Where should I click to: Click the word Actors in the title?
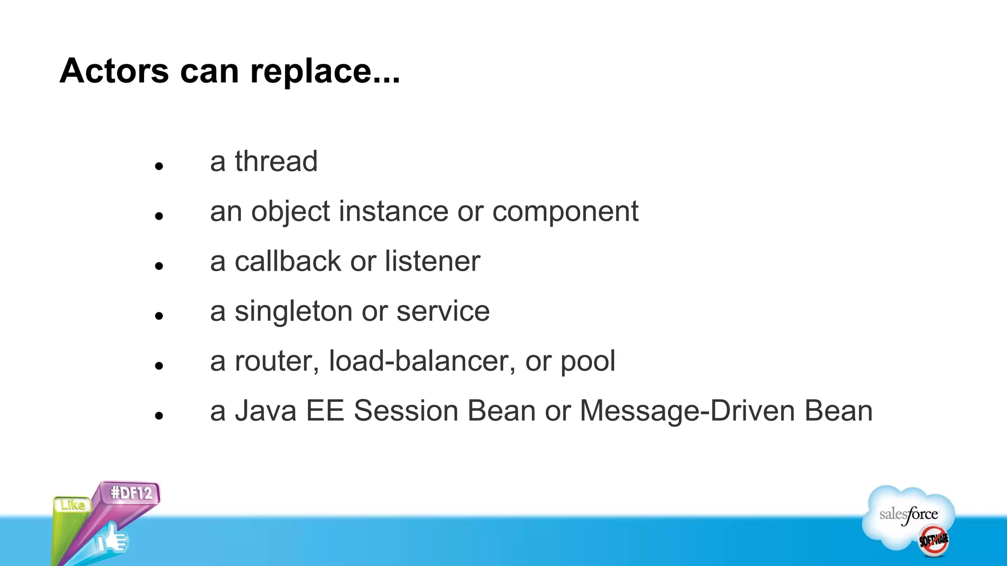(114, 71)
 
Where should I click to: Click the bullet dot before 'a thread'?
(158, 167)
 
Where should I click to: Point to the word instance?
(393, 211)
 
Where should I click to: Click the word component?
(565, 212)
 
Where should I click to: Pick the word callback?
(288, 261)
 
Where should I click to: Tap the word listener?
(432, 261)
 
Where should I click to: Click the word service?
(443, 311)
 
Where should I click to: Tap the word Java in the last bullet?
(266, 411)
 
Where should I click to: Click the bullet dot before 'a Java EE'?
(158, 416)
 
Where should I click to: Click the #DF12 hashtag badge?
(131, 493)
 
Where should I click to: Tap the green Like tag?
(72, 505)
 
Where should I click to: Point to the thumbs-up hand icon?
(112, 538)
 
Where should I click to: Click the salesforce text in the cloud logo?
(908, 514)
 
